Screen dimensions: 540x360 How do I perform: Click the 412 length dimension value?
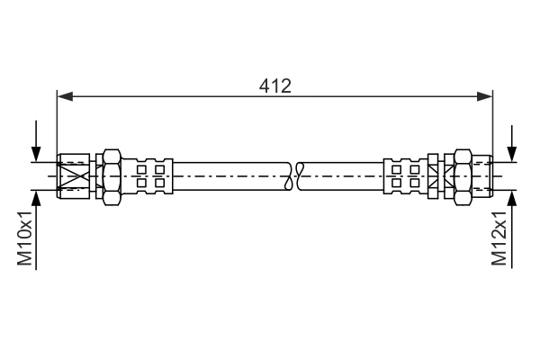pos(275,86)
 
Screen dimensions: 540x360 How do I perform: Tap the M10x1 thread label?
pos(25,238)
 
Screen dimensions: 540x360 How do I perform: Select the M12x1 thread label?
pos(499,238)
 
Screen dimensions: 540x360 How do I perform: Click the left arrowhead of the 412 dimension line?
pos(65,97)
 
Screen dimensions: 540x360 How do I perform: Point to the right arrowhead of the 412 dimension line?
pos(484,97)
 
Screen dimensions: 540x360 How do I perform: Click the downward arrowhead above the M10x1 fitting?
pos(36,154)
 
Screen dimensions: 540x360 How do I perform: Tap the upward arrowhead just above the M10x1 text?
pos(36,198)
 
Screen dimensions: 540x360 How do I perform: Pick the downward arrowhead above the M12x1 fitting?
pos(512,154)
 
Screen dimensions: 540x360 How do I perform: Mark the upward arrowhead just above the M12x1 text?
pos(512,198)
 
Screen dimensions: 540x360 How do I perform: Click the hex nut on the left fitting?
pos(112,177)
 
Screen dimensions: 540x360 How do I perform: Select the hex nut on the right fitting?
pos(463,177)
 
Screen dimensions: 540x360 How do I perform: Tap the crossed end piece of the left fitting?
pos(74,176)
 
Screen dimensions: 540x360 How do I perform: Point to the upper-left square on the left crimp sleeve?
pos(141,169)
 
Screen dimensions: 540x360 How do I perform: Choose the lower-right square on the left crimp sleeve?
pos(159,183)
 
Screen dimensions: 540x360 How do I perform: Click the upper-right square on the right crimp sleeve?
pos(414,169)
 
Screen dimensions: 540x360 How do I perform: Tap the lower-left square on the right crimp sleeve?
pos(396,183)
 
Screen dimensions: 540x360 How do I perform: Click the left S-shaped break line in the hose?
pos(289,176)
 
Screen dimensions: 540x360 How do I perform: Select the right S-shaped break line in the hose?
pos(301,176)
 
